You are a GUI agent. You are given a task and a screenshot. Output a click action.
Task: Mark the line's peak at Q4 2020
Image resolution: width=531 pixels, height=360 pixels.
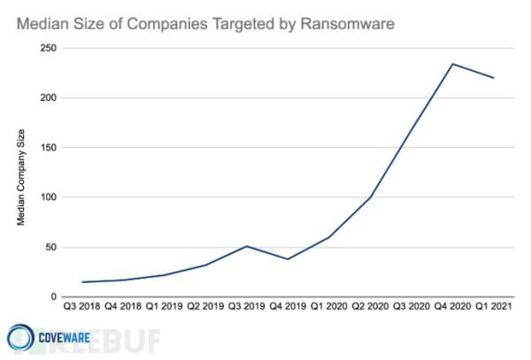(452, 64)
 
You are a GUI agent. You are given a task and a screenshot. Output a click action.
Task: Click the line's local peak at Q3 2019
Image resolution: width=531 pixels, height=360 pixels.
(246, 246)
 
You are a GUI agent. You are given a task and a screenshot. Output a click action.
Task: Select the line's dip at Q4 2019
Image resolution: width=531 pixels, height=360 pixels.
(288, 259)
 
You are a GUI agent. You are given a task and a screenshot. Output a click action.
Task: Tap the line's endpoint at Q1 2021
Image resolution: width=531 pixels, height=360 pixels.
(494, 78)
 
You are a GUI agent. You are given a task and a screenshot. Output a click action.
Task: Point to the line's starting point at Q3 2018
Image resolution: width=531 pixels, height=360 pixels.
(81, 282)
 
